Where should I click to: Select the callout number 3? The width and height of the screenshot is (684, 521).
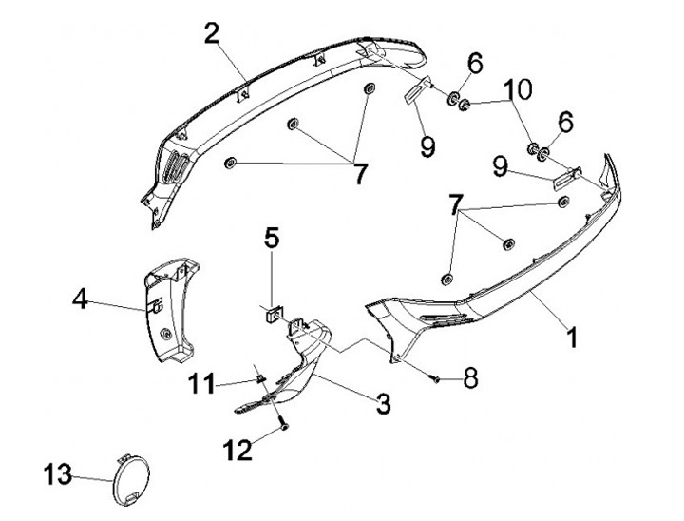[383, 404]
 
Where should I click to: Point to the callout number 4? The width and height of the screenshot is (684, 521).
[80, 303]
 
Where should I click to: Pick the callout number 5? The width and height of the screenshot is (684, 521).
[273, 238]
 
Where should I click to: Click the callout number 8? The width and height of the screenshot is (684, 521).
[467, 376]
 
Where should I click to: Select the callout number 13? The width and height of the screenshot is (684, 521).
[58, 473]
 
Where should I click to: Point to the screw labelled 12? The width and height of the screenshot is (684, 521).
[283, 429]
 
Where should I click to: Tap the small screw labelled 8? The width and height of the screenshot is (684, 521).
[436, 378]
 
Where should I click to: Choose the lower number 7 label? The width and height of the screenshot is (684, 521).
[457, 204]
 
